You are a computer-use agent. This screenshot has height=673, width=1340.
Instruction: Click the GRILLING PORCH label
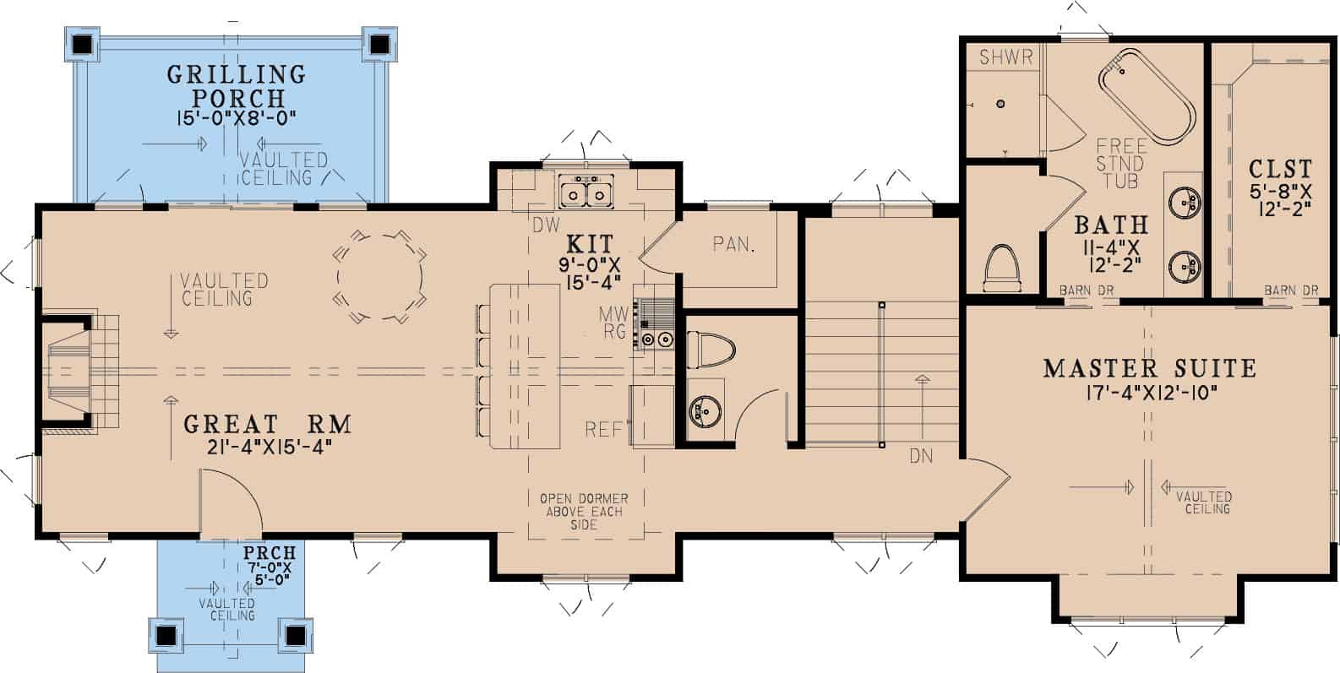pyautogui.click(x=236, y=85)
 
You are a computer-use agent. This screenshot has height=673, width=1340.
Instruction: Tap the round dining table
pyautogui.click(x=380, y=277)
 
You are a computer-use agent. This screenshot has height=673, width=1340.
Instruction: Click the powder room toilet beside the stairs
pyautogui.click(x=711, y=348)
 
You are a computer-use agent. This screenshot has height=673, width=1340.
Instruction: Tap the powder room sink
pyautogui.click(x=704, y=413)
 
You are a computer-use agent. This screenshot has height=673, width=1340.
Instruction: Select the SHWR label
pyautogui.click(x=1006, y=57)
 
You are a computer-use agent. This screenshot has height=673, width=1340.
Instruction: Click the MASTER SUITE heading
pyautogui.click(x=1149, y=368)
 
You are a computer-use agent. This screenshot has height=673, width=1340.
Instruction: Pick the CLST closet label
pyautogui.click(x=1280, y=169)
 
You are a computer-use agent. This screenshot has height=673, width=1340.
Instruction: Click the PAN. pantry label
pyautogui.click(x=733, y=245)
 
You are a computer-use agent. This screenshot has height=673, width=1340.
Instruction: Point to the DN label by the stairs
pyautogui.click(x=922, y=456)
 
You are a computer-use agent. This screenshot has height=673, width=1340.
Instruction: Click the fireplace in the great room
pyautogui.click(x=72, y=369)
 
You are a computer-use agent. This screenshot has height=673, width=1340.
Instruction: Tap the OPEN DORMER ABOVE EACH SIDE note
pyautogui.click(x=584, y=511)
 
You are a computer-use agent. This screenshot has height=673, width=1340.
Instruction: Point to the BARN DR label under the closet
pyautogui.click(x=1291, y=290)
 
